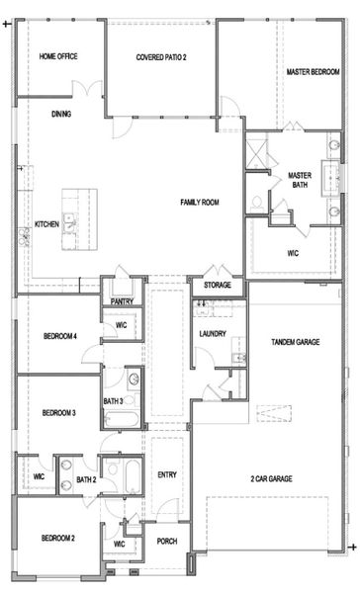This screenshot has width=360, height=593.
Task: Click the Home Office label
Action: pyautogui.click(x=58, y=56)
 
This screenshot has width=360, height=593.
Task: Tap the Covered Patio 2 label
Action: pyautogui.click(x=161, y=57)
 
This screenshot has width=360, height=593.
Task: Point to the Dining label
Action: pyautogui.click(x=61, y=114)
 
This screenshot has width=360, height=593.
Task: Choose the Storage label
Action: pyautogui.click(x=218, y=286)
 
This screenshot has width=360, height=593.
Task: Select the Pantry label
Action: pyautogui.click(x=122, y=300)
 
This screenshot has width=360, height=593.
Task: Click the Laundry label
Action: pyautogui.click(x=213, y=333)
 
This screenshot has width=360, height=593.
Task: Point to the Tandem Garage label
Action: pyautogui.click(x=295, y=342)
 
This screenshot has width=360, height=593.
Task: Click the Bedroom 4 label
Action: pyautogui.click(x=60, y=337)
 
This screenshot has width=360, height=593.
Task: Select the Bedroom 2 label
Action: pyautogui.click(x=58, y=538)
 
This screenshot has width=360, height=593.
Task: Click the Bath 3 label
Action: pyautogui.click(x=113, y=400)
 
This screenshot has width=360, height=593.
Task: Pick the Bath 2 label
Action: pyautogui.click(x=86, y=480)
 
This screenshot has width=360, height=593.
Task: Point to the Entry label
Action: pyautogui.click(x=167, y=473)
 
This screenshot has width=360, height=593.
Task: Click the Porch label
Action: pyautogui.click(x=167, y=541)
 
